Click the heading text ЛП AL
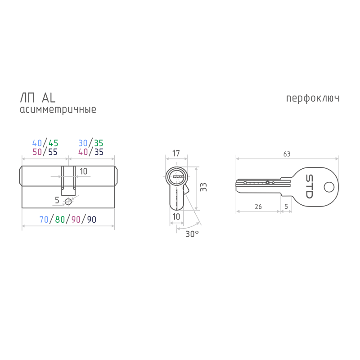38,98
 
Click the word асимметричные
58,109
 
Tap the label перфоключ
313,99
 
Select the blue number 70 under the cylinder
44,220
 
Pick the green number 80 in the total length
60,220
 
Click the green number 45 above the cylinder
54,143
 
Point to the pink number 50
37,152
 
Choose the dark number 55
53,152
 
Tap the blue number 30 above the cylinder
83,143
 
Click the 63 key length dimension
287,154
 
